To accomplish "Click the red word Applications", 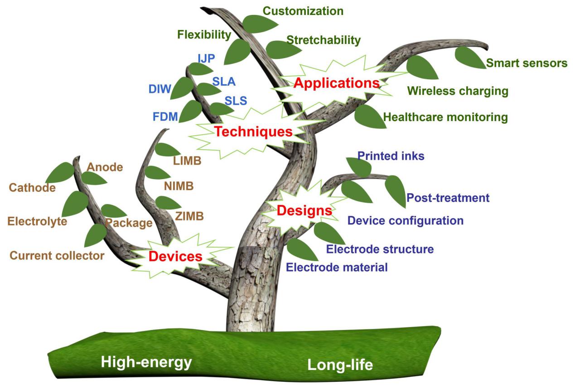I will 336,83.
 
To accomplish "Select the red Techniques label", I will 253,132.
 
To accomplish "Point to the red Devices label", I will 175,257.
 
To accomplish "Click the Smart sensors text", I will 527,63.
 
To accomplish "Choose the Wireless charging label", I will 458,91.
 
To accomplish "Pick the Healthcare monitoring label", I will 445,117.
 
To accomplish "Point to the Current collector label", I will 57,255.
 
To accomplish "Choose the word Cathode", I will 32,187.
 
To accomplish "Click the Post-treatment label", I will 448,198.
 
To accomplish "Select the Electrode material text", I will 337,267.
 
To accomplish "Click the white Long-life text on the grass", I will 340,365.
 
